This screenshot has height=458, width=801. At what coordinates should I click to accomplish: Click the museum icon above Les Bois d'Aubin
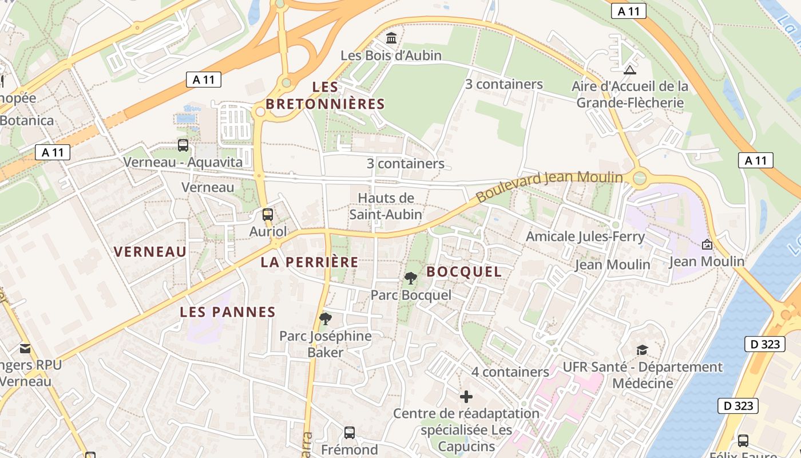[x=392, y=38]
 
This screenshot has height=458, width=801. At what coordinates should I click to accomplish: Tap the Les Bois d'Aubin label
[x=391, y=56]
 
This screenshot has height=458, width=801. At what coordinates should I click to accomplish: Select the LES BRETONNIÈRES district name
[x=325, y=96]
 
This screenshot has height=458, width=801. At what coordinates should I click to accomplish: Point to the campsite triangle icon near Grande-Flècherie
[x=630, y=70]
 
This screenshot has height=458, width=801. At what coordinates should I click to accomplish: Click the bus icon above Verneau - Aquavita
[x=183, y=145]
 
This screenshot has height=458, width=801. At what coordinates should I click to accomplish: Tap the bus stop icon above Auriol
[x=267, y=215]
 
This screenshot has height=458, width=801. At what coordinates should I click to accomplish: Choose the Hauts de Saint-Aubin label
[x=386, y=206]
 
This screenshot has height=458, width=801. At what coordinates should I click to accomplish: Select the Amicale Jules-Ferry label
[x=585, y=236]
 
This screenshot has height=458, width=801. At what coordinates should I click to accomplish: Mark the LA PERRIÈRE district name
[x=310, y=262]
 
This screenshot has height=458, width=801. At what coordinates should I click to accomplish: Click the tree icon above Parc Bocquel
[x=410, y=278]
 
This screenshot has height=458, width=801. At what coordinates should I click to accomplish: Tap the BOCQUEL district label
[x=464, y=272]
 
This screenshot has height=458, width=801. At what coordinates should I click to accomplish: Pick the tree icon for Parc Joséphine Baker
[x=326, y=319]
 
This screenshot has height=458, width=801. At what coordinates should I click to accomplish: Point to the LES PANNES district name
[x=228, y=312]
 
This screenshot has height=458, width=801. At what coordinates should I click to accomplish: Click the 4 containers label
[x=510, y=372]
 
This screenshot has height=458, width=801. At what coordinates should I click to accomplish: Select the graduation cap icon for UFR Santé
[x=643, y=350]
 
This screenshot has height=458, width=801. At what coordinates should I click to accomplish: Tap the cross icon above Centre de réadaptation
[x=466, y=396]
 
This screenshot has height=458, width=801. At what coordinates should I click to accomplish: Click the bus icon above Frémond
[x=350, y=433]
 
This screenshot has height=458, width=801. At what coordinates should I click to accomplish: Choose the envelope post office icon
[x=25, y=348]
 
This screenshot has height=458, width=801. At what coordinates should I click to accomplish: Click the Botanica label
[x=26, y=121]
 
